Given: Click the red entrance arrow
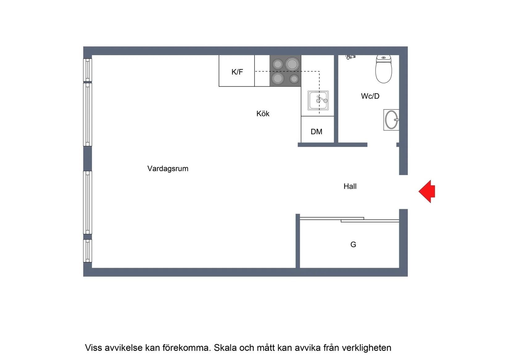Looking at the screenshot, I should coord(427,191).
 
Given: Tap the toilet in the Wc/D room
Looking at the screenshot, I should coord(383,71).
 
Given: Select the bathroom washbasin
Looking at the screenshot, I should coord(391,120).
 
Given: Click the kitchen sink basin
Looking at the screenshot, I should coord(318,100).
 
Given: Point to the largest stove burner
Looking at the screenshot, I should coord(292,64).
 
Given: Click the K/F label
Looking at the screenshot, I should coord(237,72).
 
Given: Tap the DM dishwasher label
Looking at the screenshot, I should coord(316,132).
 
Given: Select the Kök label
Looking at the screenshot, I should coord(263,114).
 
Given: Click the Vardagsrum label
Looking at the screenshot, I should coord(168,169).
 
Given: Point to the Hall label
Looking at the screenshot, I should coord(350,186).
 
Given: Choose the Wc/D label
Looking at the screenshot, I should coord(370,96).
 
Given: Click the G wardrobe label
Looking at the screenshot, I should coord(353,245).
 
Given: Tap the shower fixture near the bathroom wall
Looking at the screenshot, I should coord(350,57).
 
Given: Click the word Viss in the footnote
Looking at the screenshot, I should coord(93,348).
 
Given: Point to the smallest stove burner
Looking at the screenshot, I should coord(294,79).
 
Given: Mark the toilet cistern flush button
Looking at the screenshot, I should coord(383,58).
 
